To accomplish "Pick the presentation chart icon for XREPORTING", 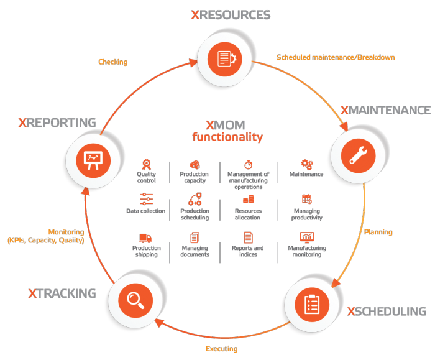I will click(92, 160).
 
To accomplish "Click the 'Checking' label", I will click(113, 62).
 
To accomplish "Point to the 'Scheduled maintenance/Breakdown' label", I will click(336, 57).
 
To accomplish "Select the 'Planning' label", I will click(378, 232).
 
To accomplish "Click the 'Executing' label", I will click(221, 349).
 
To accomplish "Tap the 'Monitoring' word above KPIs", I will click(66, 232).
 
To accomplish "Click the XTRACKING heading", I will click(62, 293).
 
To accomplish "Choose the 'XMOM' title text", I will click(227, 124).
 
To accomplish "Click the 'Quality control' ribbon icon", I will click(147, 165).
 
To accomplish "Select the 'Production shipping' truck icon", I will click(146, 238).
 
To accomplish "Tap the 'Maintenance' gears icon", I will click(306, 164).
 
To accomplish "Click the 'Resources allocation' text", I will click(248, 215).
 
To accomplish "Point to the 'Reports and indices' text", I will click(247, 251).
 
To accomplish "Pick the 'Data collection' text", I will click(146, 211).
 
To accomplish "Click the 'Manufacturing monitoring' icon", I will click(306, 237).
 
